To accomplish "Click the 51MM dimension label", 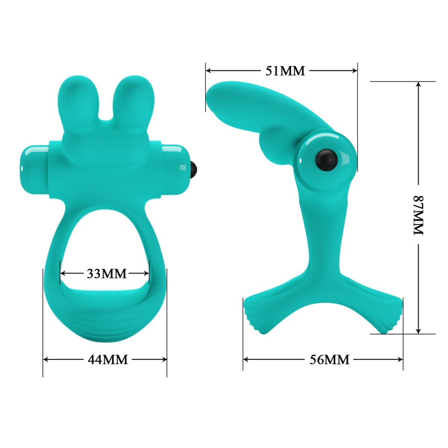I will tap(285, 71).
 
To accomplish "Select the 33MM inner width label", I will tap(106, 273).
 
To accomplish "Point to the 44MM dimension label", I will tap(108, 360).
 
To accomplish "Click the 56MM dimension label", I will tap(329, 360).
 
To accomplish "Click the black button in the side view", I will tap(327, 160).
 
